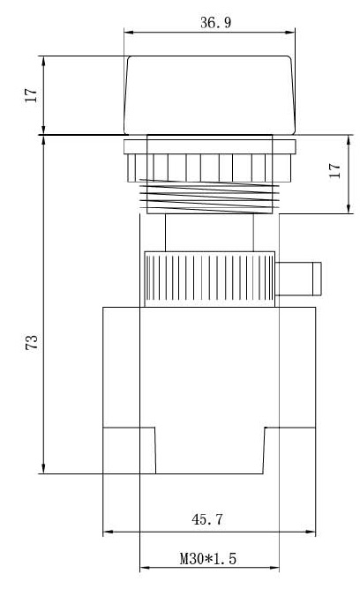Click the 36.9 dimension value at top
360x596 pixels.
[x=211, y=23]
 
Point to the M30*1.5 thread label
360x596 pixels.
[x=209, y=558]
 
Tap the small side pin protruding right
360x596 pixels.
[x=300, y=279]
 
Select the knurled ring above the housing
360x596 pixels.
[x=209, y=278]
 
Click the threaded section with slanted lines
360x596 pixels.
[x=210, y=195]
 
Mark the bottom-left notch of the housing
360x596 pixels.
[x=130, y=451]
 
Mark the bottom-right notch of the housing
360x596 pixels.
[x=290, y=451]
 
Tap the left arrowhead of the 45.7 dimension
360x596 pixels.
[x=108, y=533]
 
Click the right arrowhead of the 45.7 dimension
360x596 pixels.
[x=312, y=533]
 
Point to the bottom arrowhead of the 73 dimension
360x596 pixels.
[x=43, y=469]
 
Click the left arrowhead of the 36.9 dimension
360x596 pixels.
[x=127, y=34]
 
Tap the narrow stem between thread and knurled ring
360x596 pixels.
[x=210, y=233]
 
